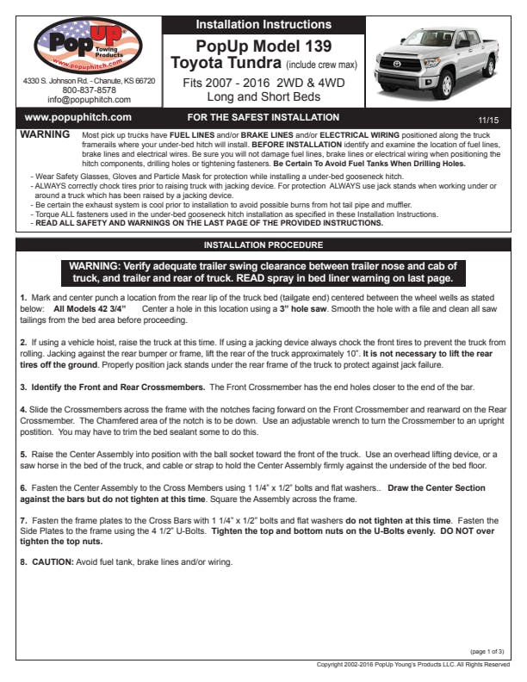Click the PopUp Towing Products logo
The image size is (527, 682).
pos(88,46)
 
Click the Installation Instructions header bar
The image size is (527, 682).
pos(263,24)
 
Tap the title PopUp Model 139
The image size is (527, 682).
pos(263,45)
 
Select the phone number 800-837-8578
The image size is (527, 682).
pos(89,90)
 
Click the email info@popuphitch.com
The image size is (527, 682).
pos(89,99)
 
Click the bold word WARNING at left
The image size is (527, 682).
pos(45,136)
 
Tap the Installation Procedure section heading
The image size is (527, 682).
pos(263,245)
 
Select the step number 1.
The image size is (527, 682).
pos(23,297)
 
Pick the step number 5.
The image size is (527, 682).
pos(23,453)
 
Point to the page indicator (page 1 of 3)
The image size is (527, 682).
pos(487,652)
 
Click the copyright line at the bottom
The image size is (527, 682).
pos(413,665)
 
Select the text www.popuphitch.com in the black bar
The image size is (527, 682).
pos(77,117)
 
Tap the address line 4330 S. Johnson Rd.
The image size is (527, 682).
pos(89,80)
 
